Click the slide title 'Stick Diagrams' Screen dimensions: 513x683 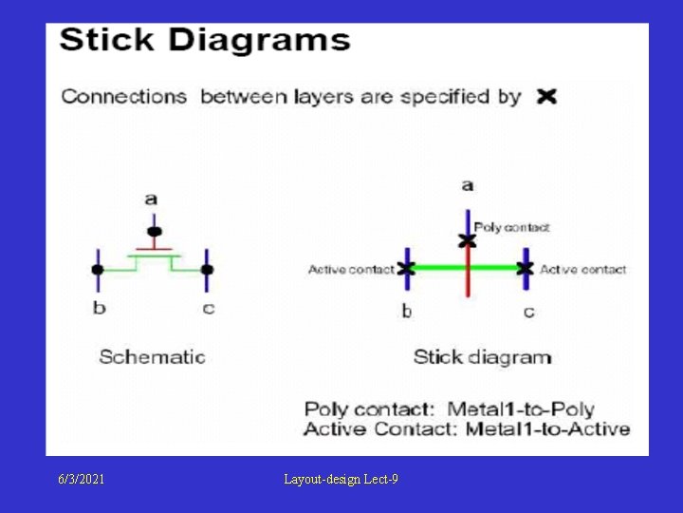pyautogui.click(x=205, y=41)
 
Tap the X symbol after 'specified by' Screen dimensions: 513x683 pyautogui.click(x=545, y=97)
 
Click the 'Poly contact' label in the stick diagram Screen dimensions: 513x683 pyautogui.click(x=512, y=227)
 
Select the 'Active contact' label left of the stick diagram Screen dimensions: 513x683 pyautogui.click(x=350, y=270)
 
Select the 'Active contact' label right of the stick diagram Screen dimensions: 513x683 pyautogui.click(x=582, y=270)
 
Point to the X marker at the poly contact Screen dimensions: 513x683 pyautogui.click(x=467, y=240)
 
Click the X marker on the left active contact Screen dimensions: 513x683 pyautogui.click(x=406, y=269)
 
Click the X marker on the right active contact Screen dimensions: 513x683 pyautogui.click(x=525, y=269)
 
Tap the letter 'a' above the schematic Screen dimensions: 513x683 pyautogui.click(x=152, y=199)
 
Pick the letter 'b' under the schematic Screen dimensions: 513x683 pyautogui.click(x=99, y=308)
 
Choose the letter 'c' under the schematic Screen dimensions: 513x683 pyautogui.click(x=209, y=308)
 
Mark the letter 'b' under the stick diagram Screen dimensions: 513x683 pyautogui.click(x=406, y=311)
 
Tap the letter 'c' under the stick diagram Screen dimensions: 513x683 pyautogui.click(x=528, y=311)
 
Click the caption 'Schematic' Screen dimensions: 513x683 pyautogui.click(x=152, y=357)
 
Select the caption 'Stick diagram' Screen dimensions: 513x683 pyautogui.click(x=482, y=357)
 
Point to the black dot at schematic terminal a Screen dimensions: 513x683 pyautogui.click(x=154, y=232)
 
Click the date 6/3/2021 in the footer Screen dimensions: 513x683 pyautogui.click(x=80, y=480)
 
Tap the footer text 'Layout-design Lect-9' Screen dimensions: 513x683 pyautogui.click(x=341, y=480)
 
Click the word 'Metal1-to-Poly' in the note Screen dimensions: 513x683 pyautogui.click(x=520, y=409)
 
